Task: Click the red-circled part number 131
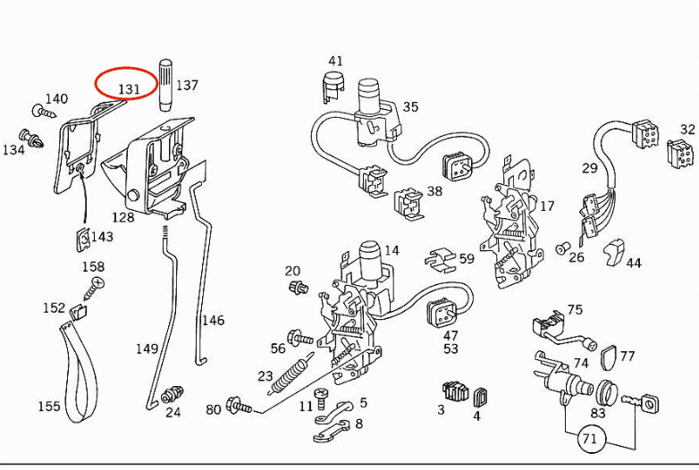127,88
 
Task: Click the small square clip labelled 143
80,238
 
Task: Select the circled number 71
589,438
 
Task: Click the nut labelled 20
299,288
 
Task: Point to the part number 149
147,348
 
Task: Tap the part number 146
213,321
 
